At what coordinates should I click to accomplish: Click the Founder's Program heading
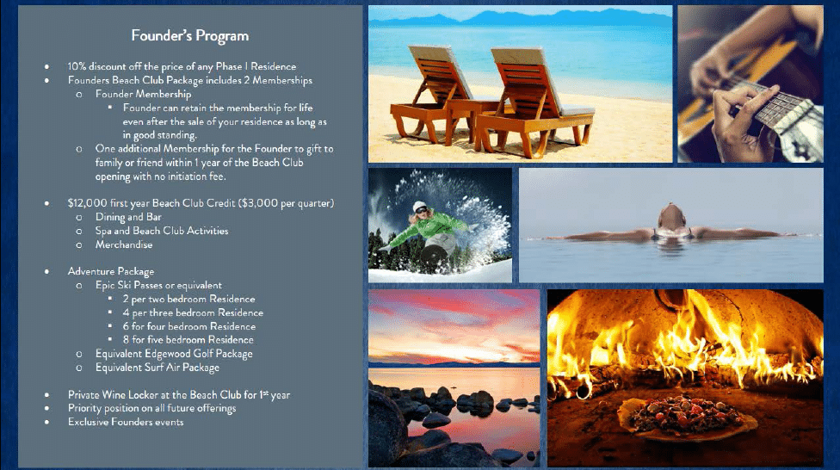click(x=189, y=36)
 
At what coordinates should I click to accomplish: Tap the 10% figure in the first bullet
click(x=77, y=66)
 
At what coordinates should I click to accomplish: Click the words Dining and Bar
click(x=128, y=217)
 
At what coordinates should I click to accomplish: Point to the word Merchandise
click(x=124, y=244)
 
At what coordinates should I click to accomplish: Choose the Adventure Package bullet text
click(x=111, y=272)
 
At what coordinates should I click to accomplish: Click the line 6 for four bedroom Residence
click(x=189, y=326)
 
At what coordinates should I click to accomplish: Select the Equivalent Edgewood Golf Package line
click(x=174, y=354)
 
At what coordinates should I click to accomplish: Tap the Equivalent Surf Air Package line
click(x=157, y=368)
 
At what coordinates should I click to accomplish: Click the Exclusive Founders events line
click(x=126, y=423)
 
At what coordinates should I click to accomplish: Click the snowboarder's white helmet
click(x=419, y=207)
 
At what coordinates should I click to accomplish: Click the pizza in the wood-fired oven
click(x=687, y=414)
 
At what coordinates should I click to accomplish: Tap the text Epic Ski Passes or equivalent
click(x=158, y=285)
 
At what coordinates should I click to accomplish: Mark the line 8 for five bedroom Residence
click(x=188, y=340)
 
